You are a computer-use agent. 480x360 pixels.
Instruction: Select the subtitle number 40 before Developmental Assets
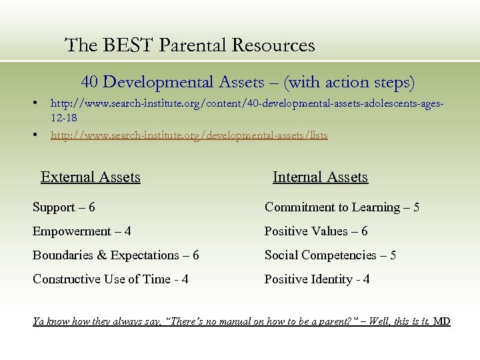tap(91, 83)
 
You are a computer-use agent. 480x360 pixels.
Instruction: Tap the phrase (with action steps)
tap(349, 83)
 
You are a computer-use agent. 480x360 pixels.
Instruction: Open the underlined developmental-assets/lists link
tap(189, 135)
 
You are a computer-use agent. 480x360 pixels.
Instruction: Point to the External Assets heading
tap(91, 177)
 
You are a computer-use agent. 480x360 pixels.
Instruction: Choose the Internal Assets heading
tap(320, 177)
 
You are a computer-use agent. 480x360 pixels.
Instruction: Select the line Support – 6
tap(64, 207)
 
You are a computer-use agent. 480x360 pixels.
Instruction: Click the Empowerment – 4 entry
tap(82, 231)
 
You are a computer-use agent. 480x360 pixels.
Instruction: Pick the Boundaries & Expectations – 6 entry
tap(116, 255)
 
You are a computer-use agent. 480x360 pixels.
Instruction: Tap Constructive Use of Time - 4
tap(111, 279)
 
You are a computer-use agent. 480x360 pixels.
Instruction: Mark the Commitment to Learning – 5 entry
tap(342, 207)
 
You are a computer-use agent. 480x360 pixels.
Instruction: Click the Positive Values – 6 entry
tap(316, 231)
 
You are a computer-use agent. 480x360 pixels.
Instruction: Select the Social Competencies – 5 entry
tap(330, 255)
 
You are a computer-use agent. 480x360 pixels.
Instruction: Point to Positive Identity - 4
tap(317, 279)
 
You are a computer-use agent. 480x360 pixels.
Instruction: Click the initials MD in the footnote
tap(442, 321)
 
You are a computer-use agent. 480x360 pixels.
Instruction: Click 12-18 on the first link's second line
tap(64, 117)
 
